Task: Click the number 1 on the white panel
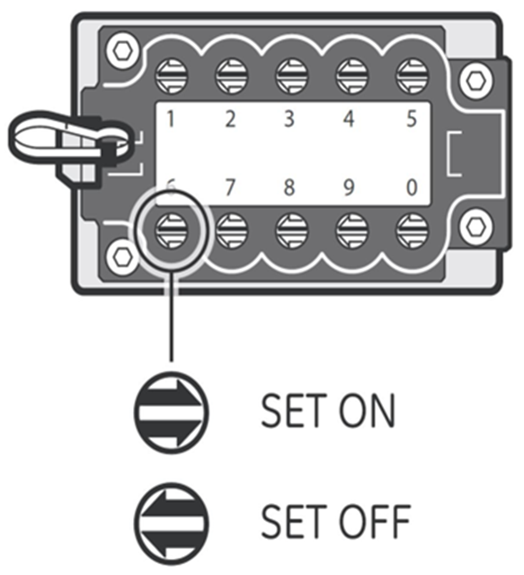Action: coord(170,119)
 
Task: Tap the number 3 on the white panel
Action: coord(289,119)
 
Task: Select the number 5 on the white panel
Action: coord(412,119)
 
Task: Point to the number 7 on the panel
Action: coord(229,187)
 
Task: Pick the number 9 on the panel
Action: coord(350,187)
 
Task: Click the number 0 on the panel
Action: coord(412,187)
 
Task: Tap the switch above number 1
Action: coord(172,76)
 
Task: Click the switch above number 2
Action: coord(231,76)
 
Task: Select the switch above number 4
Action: coord(352,76)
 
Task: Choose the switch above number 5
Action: coord(413,76)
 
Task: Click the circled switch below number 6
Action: coord(172,231)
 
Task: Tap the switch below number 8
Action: coord(292,231)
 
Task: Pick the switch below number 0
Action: coord(413,231)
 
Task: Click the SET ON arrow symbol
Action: coord(171,412)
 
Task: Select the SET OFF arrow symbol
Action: coord(171,524)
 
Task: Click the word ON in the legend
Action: coord(368,410)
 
